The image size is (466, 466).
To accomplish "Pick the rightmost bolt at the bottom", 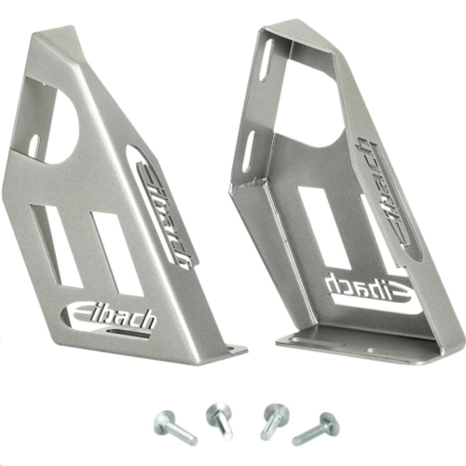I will click(317, 429).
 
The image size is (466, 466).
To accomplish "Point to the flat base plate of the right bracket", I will click(363, 346).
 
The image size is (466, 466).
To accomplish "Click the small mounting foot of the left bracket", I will click(228, 350).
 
